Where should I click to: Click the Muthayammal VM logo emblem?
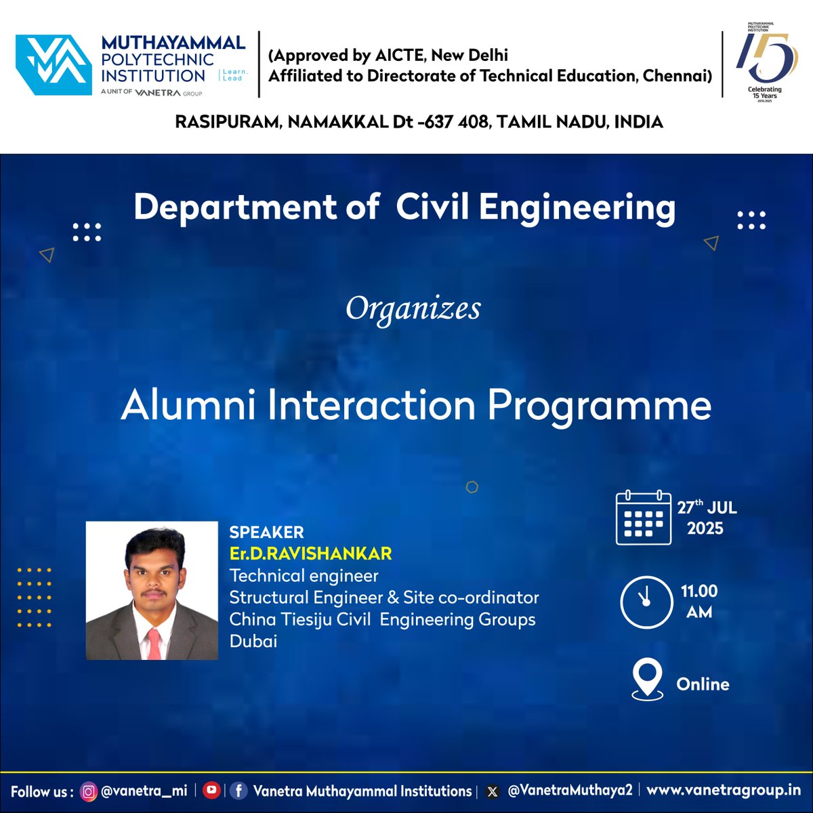(54, 64)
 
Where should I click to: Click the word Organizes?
(413, 309)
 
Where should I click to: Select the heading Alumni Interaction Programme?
(416, 406)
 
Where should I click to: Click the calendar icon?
(643, 518)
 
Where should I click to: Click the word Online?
(703, 684)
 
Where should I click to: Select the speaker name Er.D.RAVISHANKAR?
(310, 554)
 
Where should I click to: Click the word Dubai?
(253, 641)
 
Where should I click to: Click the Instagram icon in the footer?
(89, 791)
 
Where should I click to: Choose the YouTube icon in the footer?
(211, 790)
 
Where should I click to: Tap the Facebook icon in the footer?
(238, 791)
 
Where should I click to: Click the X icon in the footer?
(493, 791)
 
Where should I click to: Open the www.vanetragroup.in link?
(724, 791)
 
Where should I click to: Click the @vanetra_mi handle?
(144, 791)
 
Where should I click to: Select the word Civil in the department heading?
(434, 207)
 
